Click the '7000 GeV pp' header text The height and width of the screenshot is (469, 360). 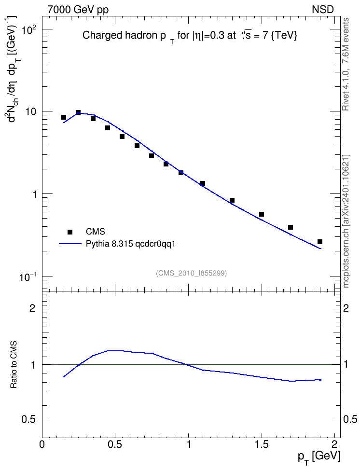point(78,10)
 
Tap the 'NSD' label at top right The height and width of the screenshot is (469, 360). point(322,10)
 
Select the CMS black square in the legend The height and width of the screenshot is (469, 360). point(70,232)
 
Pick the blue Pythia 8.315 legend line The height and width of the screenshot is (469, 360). point(70,244)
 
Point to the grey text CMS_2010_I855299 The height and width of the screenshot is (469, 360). point(191,273)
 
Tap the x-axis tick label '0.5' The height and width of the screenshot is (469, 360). point(115,444)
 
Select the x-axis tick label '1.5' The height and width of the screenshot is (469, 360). point(262,444)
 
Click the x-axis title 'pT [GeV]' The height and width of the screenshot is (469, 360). point(319,457)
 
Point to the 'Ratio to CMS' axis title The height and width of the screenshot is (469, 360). point(14,365)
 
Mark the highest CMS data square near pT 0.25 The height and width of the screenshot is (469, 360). point(78,112)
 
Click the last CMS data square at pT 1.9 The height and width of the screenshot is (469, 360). point(320,242)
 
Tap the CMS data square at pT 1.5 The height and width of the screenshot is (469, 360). point(262,214)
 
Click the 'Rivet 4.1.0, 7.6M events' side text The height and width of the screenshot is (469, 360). point(346,64)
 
